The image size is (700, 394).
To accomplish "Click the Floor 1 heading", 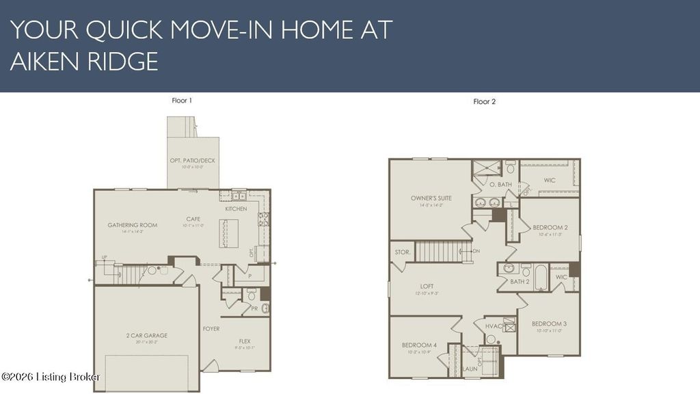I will pyautogui.click(x=182, y=101).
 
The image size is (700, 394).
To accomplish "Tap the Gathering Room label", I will pyautogui.click(x=133, y=225).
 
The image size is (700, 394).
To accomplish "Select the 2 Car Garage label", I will pyautogui.click(x=146, y=335).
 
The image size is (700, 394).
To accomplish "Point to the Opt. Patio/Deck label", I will pyautogui.click(x=193, y=161).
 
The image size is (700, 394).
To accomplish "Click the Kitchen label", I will pyautogui.click(x=236, y=209).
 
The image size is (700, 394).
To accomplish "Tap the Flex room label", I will pyautogui.click(x=245, y=341).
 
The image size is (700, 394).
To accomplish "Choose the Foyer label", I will pyautogui.click(x=211, y=328).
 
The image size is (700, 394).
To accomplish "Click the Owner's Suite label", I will pyautogui.click(x=427, y=198).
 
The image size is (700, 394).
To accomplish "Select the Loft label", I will pyautogui.click(x=427, y=287).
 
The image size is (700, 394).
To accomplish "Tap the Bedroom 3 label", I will pyautogui.click(x=550, y=324).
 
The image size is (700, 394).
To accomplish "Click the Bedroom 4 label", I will pyautogui.click(x=419, y=345).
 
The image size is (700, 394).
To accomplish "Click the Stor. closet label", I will pyautogui.click(x=403, y=252).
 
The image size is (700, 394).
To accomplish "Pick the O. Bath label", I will pyautogui.click(x=501, y=184).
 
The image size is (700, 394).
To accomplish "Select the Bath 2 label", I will pyautogui.click(x=520, y=281).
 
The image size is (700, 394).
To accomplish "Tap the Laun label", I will pyautogui.click(x=470, y=369).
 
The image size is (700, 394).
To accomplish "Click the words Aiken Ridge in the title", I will pyautogui.click(x=84, y=62).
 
